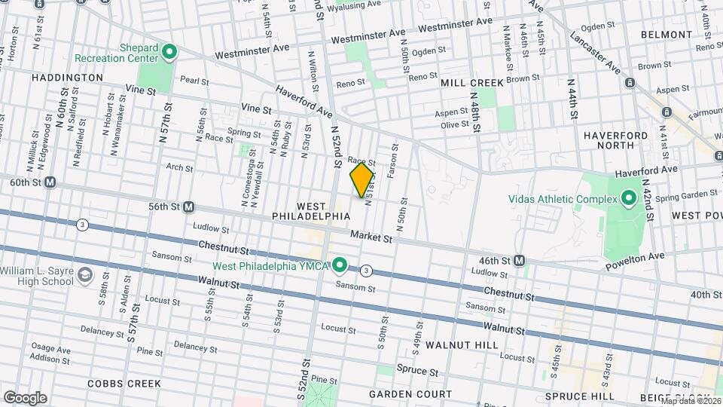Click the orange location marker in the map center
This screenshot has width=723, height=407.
(362, 179)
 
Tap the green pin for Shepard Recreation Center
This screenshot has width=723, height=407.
(169, 53)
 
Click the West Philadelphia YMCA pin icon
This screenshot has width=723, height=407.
(340, 265)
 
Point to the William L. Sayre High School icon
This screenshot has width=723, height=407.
(85, 274)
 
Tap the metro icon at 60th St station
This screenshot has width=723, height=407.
(50, 182)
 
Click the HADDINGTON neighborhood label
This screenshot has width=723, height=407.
(68, 78)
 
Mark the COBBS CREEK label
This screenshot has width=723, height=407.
(124, 384)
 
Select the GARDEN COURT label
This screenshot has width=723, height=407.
(410, 394)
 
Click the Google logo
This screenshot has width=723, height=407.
(25, 397)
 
